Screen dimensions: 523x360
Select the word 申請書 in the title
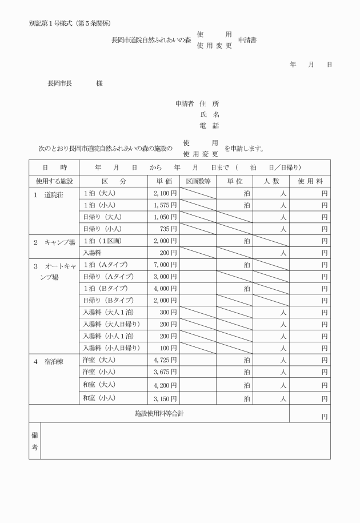(247, 40)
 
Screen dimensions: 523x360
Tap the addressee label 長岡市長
(59, 83)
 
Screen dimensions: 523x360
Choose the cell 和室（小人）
(99, 398)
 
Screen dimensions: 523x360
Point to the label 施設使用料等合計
(159, 413)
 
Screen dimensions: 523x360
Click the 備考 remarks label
(34, 441)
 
